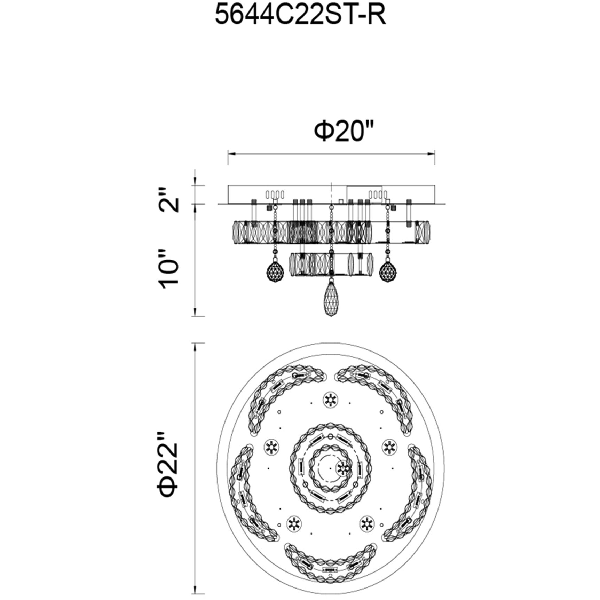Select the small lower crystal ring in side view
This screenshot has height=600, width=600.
(x=331, y=265)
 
